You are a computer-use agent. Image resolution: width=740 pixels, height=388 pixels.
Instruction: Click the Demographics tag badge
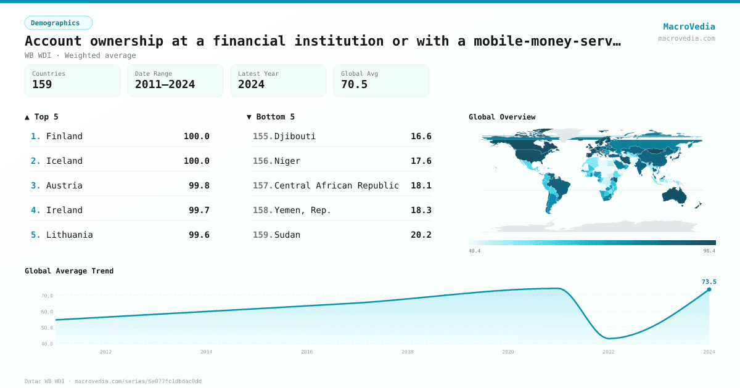(58, 23)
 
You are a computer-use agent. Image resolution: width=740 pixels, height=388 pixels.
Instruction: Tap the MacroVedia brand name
(689, 26)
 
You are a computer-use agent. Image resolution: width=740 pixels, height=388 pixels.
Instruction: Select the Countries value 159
(42, 84)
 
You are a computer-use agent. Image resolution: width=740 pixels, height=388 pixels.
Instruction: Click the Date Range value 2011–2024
(165, 84)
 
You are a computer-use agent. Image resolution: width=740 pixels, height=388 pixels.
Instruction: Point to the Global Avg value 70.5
(354, 84)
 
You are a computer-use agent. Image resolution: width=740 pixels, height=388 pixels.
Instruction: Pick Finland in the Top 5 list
(64, 136)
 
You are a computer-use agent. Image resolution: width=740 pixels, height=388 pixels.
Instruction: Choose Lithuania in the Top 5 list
(69, 235)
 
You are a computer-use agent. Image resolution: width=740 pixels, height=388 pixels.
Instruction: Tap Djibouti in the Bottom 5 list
(295, 136)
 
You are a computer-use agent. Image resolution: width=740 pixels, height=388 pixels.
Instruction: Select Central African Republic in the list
(336, 185)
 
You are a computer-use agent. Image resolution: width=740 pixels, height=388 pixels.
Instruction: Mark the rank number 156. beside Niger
(263, 161)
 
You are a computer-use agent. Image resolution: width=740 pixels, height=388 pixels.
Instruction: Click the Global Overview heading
(501, 117)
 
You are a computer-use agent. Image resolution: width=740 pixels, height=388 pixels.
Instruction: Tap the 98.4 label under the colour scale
(709, 251)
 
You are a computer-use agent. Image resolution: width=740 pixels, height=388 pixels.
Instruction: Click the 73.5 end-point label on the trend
(709, 282)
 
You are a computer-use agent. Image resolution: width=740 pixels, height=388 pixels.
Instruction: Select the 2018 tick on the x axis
(407, 352)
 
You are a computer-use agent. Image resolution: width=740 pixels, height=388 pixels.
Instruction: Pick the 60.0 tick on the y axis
(47, 312)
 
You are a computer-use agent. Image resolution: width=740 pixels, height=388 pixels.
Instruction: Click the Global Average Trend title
(69, 271)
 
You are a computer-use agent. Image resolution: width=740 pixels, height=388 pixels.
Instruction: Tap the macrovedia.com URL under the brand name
(686, 38)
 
